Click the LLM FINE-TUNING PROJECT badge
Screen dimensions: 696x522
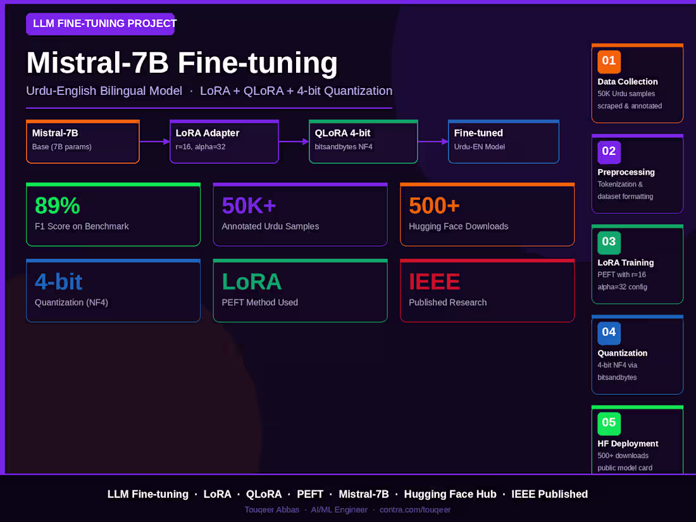(x=101, y=23)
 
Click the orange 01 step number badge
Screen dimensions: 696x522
(x=609, y=61)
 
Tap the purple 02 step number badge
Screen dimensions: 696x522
(x=609, y=152)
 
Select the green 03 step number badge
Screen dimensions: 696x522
(x=609, y=242)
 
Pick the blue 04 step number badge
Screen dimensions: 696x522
(x=609, y=333)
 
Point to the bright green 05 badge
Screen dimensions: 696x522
(x=609, y=423)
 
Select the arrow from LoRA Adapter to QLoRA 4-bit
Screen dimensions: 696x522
(x=294, y=142)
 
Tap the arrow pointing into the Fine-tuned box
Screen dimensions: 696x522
(x=433, y=142)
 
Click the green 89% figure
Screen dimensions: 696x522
(x=57, y=206)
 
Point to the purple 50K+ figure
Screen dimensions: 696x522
(x=249, y=206)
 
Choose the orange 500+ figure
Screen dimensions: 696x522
(x=434, y=206)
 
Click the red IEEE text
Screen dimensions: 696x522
(x=434, y=282)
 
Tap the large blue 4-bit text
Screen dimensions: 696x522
(x=59, y=282)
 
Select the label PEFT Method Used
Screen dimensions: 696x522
(x=259, y=302)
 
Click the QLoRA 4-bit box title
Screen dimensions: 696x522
(x=342, y=133)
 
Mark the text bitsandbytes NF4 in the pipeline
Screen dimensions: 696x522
(x=343, y=147)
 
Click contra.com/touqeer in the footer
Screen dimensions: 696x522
(x=414, y=509)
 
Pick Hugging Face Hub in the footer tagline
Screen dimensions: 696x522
(x=450, y=494)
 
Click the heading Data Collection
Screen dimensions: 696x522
(x=627, y=82)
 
